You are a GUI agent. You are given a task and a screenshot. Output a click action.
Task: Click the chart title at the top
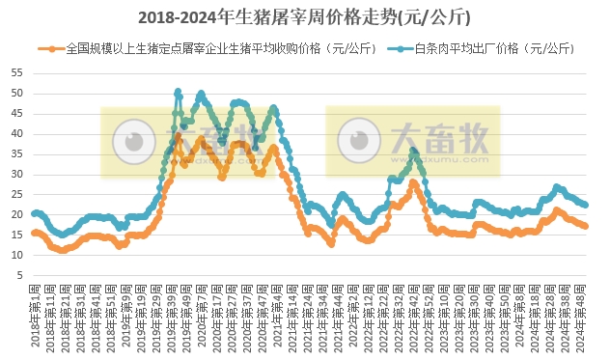(x=305, y=16)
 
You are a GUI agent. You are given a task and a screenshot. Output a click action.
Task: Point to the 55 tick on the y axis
(x=17, y=73)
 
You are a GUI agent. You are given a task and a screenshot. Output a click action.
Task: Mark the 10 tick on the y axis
(x=17, y=256)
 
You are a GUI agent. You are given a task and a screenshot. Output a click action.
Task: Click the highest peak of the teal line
(x=178, y=92)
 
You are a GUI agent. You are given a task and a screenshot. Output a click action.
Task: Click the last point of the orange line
(x=586, y=226)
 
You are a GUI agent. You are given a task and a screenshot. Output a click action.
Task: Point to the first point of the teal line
(x=34, y=213)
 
